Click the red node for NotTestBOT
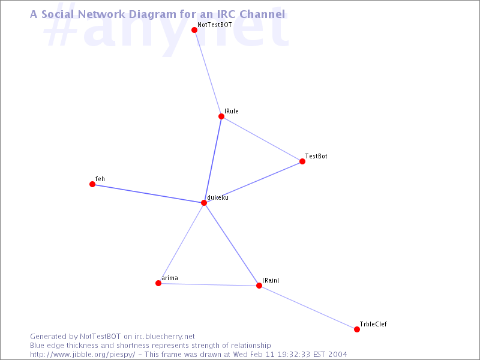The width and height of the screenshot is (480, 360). tap(194, 30)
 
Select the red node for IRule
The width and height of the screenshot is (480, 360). tap(221, 116)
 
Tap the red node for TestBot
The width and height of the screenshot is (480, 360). tap(302, 161)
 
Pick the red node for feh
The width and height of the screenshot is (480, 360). tap(92, 184)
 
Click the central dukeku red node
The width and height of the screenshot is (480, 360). tap(204, 203)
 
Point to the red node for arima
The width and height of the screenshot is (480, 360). tap(158, 283)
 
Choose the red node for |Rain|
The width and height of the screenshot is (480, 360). tap(259, 286)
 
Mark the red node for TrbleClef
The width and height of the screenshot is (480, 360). tap(356, 329)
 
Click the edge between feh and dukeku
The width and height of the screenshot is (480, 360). tap(148, 193)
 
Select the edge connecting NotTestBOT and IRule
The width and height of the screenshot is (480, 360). tap(208, 73)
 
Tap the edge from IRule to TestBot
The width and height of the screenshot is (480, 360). tap(262, 139)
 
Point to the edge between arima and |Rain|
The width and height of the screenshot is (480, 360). tap(209, 284)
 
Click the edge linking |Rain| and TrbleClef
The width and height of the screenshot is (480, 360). tap(308, 308)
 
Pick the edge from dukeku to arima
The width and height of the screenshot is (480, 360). tap(181, 243)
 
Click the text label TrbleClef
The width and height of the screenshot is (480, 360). tap(373, 324)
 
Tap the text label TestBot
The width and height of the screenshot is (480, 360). tap(316, 156)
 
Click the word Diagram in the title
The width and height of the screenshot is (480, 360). tap(154, 14)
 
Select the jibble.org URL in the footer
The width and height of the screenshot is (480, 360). tap(83, 355)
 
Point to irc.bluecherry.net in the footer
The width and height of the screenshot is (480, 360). tap(164, 337)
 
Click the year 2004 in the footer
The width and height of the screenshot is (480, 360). tap(338, 355)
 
